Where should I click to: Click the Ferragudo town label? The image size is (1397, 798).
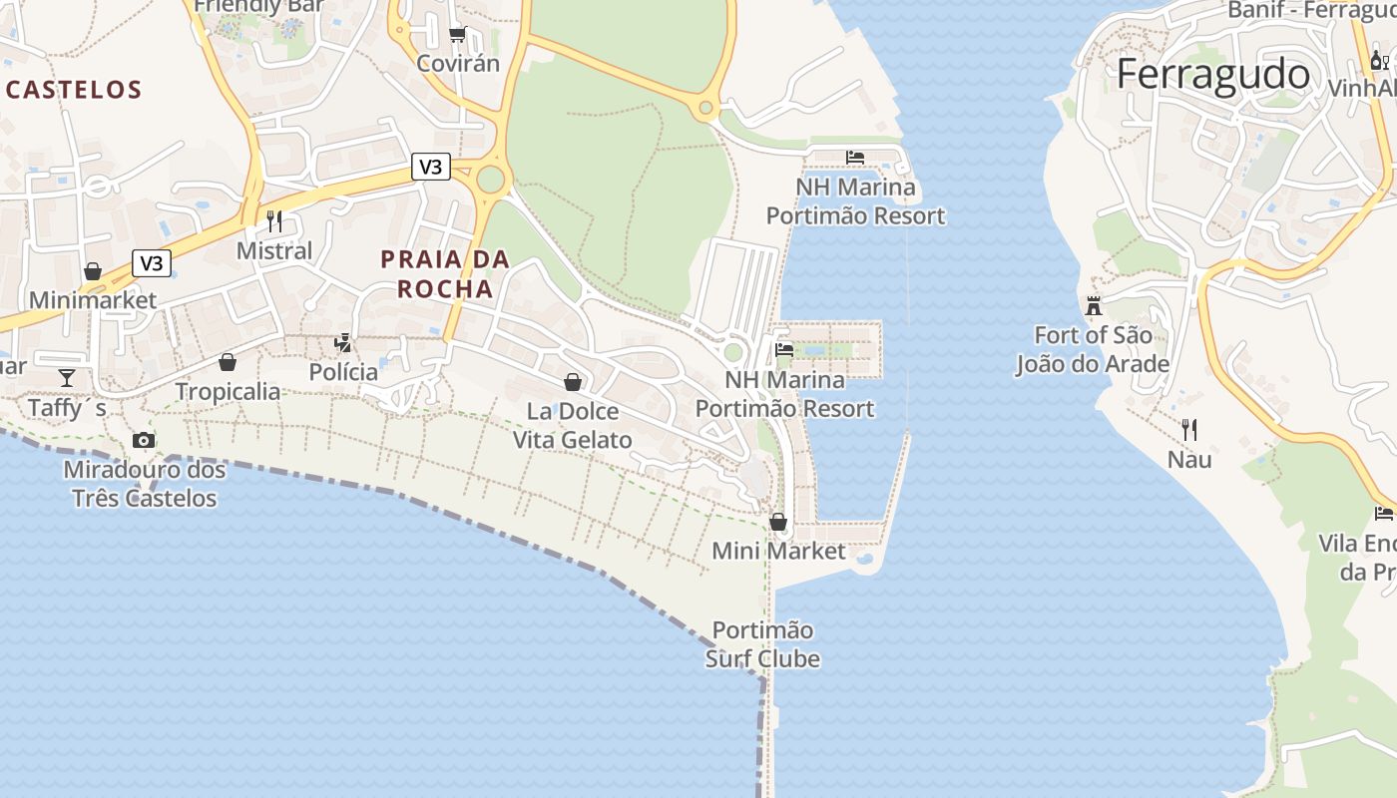pyautogui.click(x=1212, y=75)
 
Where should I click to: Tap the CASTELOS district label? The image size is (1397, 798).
pyautogui.click(x=74, y=90)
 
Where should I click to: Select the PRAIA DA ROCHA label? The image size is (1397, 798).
pyautogui.click(x=445, y=274)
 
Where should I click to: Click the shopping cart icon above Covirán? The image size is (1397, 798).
pyautogui.click(x=458, y=35)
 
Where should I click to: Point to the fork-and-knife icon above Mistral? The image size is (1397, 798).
pyautogui.click(x=274, y=220)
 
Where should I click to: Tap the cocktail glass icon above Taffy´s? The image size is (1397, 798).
pyautogui.click(x=67, y=377)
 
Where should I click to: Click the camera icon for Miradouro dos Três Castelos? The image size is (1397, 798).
pyautogui.click(x=144, y=440)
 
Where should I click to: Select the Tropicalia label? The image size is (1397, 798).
pyautogui.click(x=229, y=392)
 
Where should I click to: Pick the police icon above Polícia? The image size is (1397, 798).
pyautogui.click(x=343, y=343)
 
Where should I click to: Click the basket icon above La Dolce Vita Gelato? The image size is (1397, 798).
pyautogui.click(x=573, y=381)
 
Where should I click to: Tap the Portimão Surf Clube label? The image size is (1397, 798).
pyautogui.click(x=763, y=644)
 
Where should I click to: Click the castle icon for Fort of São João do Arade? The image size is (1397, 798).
pyautogui.click(x=1094, y=305)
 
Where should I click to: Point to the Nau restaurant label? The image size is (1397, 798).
pyautogui.click(x=1189, y=460)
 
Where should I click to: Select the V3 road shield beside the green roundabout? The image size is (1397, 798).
pyautogui.click(x=430, y=167)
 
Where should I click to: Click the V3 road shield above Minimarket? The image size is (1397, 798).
pyautogui.click(x=152, y=263)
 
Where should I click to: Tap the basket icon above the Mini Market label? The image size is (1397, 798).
pyautogui.click(x=778, y=522)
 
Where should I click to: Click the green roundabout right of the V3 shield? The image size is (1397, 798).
pyautogui.click(x=490, y=180)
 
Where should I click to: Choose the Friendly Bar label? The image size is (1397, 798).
pyautogui.click(x=259, y=6)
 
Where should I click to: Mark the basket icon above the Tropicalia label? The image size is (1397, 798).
pyautogui.click(x=228, y=362)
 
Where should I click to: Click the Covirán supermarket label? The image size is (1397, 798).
pyautogui.click(x=458, y=64)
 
